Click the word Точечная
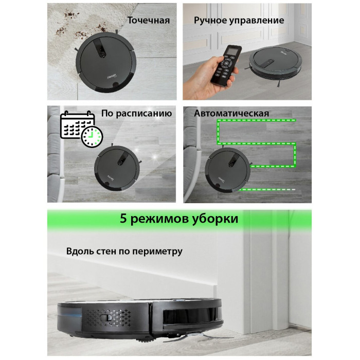click(x=149, y=21)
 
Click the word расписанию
click(x=144, y=114)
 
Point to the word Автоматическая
click(x=231, y=114)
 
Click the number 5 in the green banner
click(x=123, y=219)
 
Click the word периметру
click(x=157, y=251)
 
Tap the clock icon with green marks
click(x=92, y=137)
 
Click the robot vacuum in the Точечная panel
click(x=105, y=62)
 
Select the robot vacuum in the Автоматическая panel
click(x=227, y=170)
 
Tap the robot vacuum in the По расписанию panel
click(x=117, y=168)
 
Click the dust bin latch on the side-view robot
click(x=106, y=318)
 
